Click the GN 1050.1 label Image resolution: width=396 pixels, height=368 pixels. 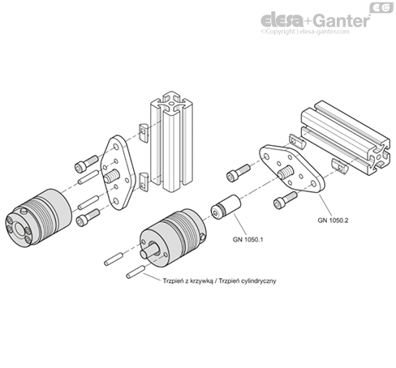tap(247, 239)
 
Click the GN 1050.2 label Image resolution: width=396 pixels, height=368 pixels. tap(333, 220)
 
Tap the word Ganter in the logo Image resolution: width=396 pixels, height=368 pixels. tap(342, 20)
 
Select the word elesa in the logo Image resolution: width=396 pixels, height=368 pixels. tap(282, 20)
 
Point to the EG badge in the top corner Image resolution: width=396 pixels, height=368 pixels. tap(381, 7)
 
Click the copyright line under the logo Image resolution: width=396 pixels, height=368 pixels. tap(305, 32)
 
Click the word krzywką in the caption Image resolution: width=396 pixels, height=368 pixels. tap(201, 280)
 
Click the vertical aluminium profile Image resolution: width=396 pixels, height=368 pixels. tap(171, 141)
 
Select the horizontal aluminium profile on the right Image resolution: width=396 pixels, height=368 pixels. tap(346, 137)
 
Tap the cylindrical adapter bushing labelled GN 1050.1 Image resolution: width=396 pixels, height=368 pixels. tap(226, 208)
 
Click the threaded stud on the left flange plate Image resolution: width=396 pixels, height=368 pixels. tap(112, 176)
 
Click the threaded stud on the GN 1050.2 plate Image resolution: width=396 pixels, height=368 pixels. tap(286, 173)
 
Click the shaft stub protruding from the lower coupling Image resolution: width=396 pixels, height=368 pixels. tap(149, 250)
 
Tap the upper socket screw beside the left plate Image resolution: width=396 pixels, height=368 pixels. tap(86, 164)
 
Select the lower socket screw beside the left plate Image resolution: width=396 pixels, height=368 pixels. tap(88, 217)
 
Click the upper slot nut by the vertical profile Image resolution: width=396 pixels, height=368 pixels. tap(144, 133)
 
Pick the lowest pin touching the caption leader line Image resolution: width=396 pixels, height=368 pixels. tap(135, 272)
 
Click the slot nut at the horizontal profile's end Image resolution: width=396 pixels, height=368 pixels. tap(340, 165)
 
